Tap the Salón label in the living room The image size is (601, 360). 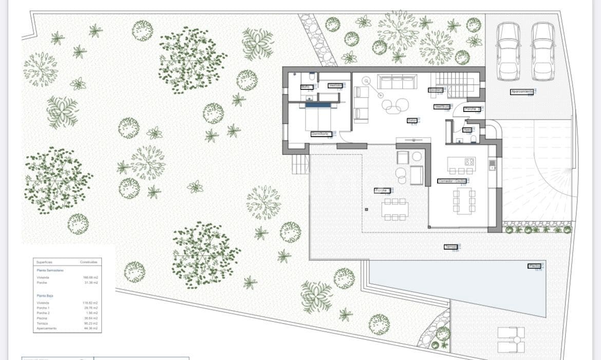click(x=411, y=121)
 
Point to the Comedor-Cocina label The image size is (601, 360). click(x=452, y=181)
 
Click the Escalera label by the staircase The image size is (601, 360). click(x=436, y=90)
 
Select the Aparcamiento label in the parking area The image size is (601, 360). click(x=521, y=92)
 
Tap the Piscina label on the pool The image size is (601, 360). click(x=534, y=266)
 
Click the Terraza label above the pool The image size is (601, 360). click(x=450, y=247)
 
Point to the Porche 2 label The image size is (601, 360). click(x=472, y=109)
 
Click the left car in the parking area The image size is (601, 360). click(x=509, y=51)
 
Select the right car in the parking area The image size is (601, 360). click(x=542, y=51)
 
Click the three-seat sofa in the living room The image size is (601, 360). click(x=397, y=82)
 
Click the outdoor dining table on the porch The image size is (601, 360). click(x=395, y=209)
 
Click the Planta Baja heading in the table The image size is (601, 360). click(x=45, y=296)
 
